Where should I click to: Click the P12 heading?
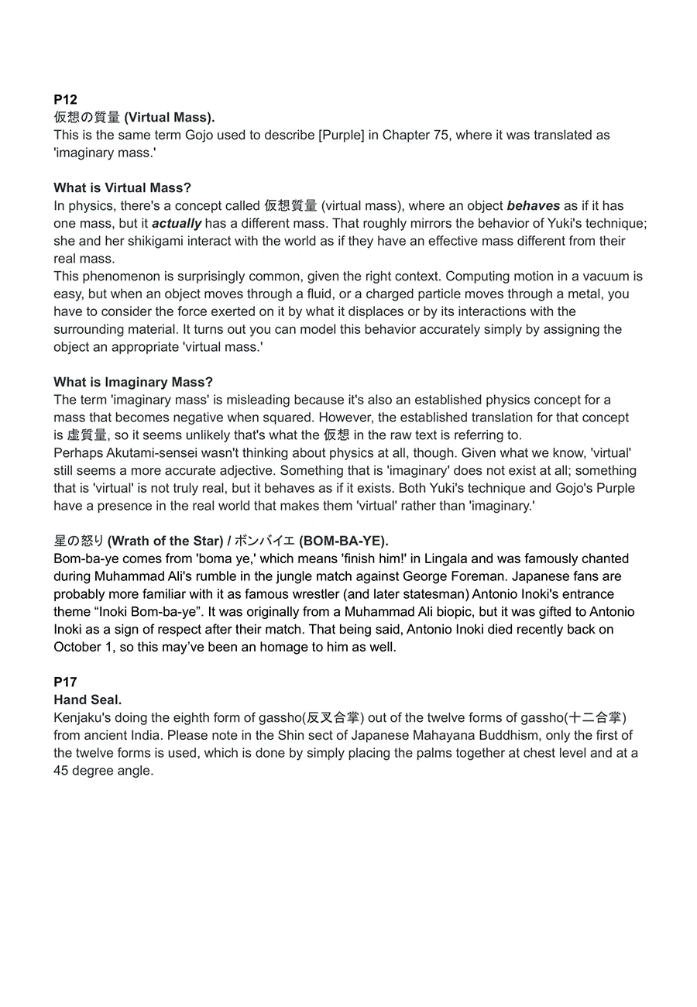(x=65, y=99)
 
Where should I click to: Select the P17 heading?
(x=65, y=682)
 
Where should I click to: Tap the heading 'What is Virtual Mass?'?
(x=122, y=187)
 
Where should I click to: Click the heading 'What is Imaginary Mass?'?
(x=133, y=382)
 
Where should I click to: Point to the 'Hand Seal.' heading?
(x=88, y=699)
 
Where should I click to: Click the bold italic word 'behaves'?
(x=533, y=205)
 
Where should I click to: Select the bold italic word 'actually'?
(x=177, y=223)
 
